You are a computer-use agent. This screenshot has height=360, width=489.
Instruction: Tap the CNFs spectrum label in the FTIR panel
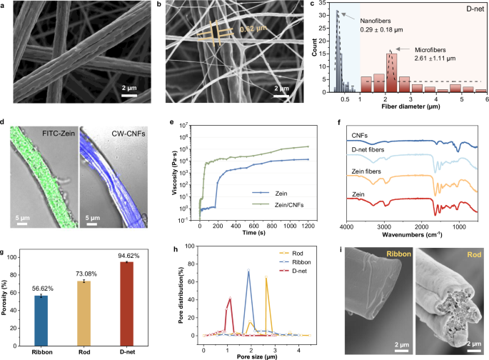point(356,134)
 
